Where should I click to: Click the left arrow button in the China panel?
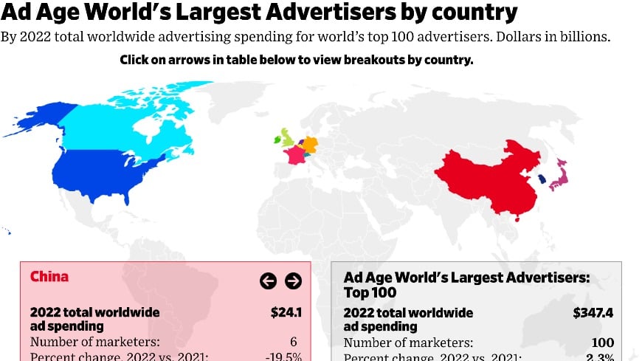click(x=268, y=281)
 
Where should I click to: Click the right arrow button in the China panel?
click(x=293, y=281)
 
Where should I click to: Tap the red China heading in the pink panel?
click(x=49, y=277)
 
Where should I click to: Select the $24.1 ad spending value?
click(x=286, y=312)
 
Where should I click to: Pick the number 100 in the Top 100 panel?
click(x=602, y=342)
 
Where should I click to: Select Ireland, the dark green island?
click(x=277, y=139)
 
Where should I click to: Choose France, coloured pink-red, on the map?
click(x=295, y=155)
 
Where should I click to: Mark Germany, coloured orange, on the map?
click(x=311, y=144)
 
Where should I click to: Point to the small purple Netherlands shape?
click(x=301, y=141)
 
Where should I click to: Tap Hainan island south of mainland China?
click(x=516, y=219)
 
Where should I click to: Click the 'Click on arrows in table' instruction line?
click(x=296, y=61)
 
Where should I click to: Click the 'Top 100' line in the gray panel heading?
click(x=370, y=293)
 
